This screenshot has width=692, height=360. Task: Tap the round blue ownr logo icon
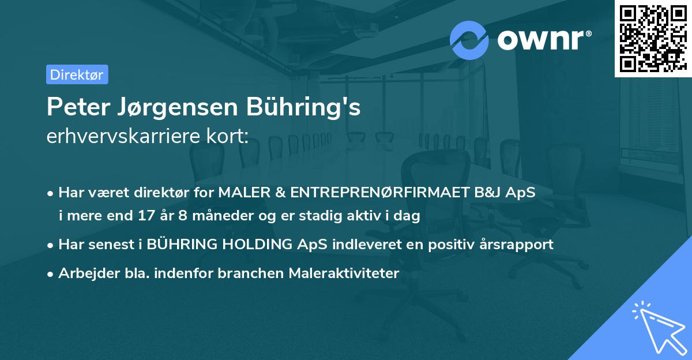[x=469, y=39]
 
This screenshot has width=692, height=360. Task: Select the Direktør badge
[x=77, y=74]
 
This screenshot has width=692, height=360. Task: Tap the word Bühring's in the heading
[x=303, y=107]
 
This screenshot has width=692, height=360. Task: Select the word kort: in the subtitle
[x=231, y=136]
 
